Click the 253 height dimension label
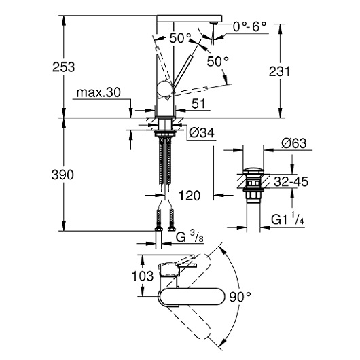[x=64, y=67]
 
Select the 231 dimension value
[x=279, y=71]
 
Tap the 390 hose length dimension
[x=62, y=175]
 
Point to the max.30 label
[x=98, y=93]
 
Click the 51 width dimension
[x=198, y=103]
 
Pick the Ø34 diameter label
[x=202, y=132]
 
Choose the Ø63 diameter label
[x=294, y=143]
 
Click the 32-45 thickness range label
[x=291, y=181]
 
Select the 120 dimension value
[x=190, y=196]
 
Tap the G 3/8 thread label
[x=190, y=237]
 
